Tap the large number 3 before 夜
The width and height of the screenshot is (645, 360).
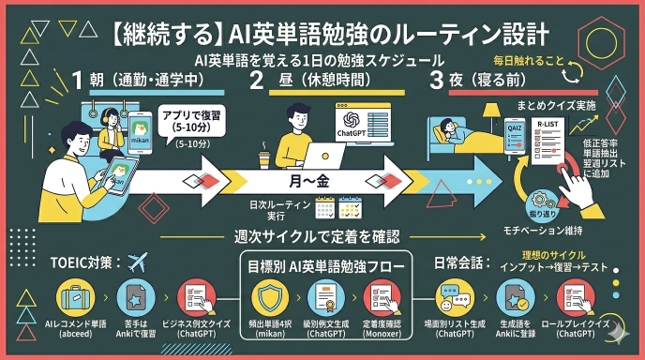coord(435,81)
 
